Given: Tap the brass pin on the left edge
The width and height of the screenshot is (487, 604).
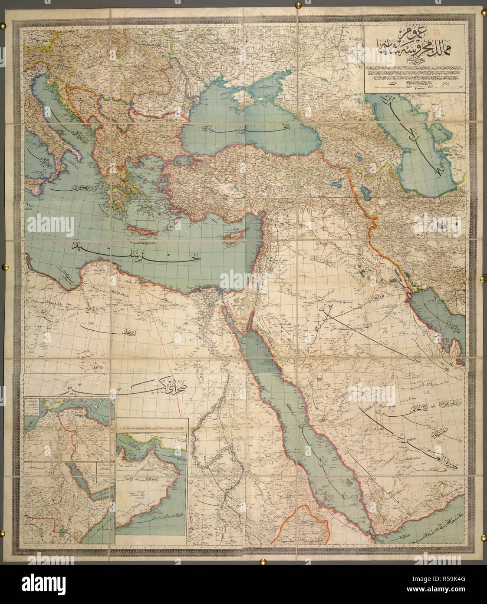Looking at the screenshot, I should [5, 265].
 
